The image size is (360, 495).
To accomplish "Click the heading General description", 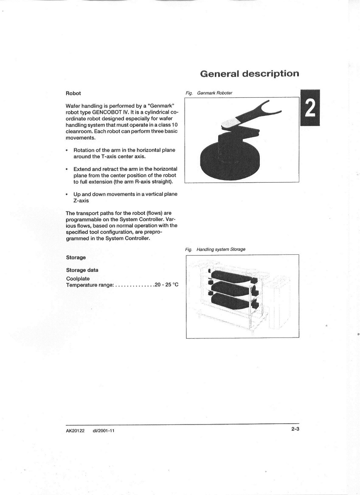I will [249, 73].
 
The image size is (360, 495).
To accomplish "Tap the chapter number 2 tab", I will [310, 108].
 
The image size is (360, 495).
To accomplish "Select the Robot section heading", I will [73, 93].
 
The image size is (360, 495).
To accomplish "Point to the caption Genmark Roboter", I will [214, 93].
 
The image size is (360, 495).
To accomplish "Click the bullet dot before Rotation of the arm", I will [67, 150].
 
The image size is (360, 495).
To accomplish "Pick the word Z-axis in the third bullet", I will [81, 200].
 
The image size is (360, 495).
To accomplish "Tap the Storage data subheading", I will [82, 270].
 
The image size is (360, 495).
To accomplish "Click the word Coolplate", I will [78, 278].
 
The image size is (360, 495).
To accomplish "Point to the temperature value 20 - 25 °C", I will [166, 284].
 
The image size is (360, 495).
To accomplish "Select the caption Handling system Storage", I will [221, 249].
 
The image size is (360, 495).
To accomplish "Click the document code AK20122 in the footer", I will [75, 430].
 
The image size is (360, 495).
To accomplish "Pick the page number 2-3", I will [295, 429].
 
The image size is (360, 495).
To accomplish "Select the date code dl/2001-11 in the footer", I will [104, 430].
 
